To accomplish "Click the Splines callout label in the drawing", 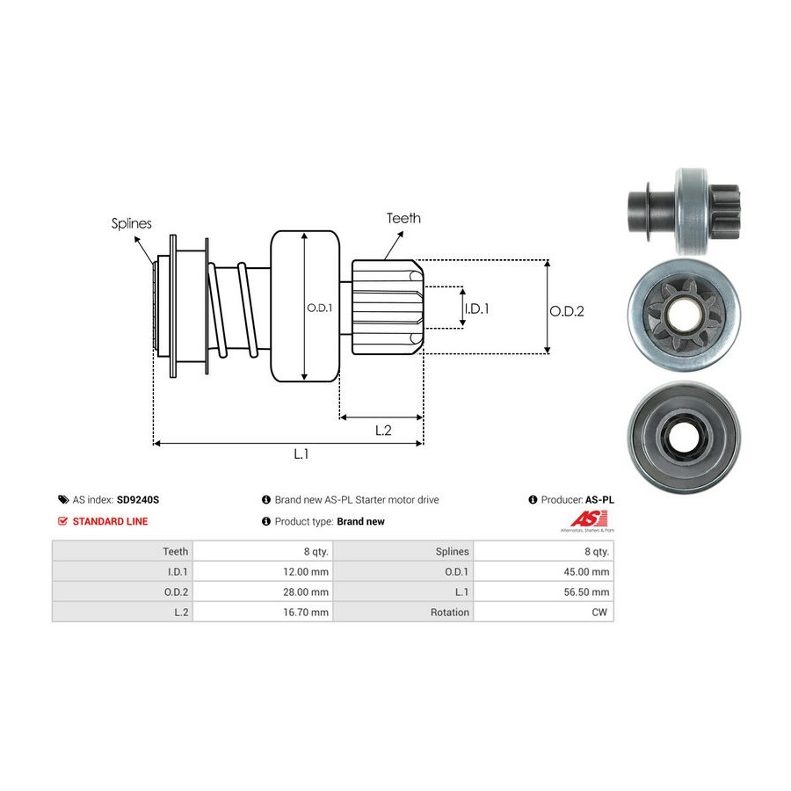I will coord(131,223).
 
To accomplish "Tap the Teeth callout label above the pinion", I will coord(403,218).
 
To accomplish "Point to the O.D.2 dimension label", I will coord(567,310).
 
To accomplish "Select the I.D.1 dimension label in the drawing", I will coord(476,308).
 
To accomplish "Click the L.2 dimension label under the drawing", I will coord(382,430).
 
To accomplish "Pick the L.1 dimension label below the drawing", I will coord(301,454).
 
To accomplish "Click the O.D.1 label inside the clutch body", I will coord(317,308).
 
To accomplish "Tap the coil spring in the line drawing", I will coord(234,313).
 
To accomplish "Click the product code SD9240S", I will coord(138,499).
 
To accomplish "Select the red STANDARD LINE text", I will coord(110,521).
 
